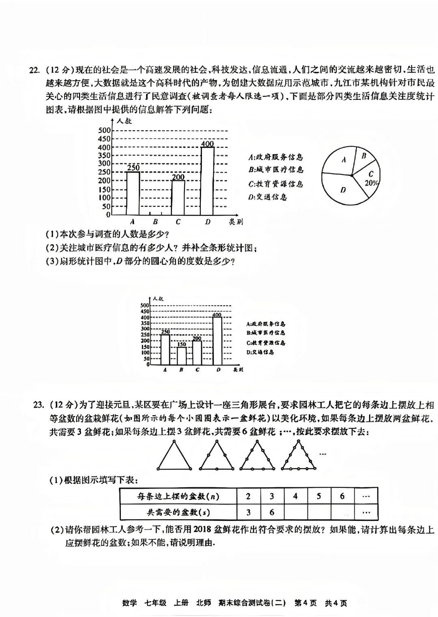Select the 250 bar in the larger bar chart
click(x=133, y=193)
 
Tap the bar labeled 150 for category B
click(x=181, y=356)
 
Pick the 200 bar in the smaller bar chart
click(x=197, y=353)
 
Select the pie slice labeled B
click(x=363, y=156)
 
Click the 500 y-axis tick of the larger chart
click(x=104, y=130)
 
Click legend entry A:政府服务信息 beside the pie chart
click(x=275, y=157)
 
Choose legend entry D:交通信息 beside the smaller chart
click(x=260, y=352)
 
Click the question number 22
click(x=34, y=69)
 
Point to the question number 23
click(x=39, y=405)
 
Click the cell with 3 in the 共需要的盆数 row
click(x=248, y=512)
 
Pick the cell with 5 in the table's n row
click(x=319, y=496)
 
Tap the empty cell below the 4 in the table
click(x=295, y=512)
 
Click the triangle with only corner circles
click(x=174, y=457)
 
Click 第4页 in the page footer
click(x=305, y=603)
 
